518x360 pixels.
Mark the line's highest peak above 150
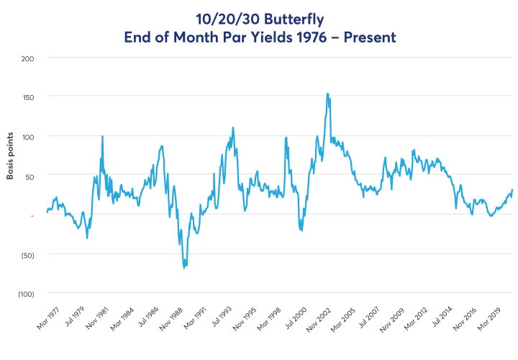[328, 94]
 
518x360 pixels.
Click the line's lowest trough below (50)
[184, 268]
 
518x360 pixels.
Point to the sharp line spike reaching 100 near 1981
[102, 136]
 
